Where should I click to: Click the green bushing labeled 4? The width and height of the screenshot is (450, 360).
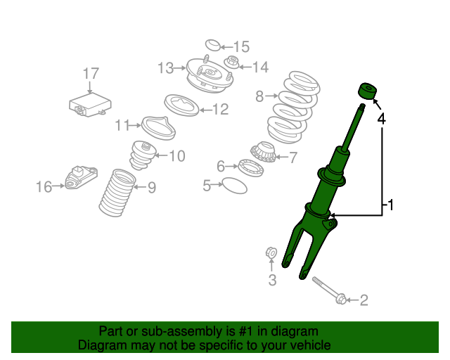[x=367, y=91]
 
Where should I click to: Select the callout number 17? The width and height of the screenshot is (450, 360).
[x=91, y=74]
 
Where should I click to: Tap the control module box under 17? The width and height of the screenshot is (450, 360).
[x=90, y=104]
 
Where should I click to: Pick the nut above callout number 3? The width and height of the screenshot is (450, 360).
[x=271, y=253]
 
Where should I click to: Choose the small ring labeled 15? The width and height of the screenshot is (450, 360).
[x=213, y=45]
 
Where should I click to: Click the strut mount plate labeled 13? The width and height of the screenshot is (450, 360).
[x=210, y=75]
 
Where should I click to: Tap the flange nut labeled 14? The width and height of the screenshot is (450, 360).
[x=232, y=63]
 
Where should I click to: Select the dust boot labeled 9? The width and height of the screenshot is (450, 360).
[x=117, y=193]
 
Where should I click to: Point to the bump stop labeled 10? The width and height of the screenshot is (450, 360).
[x=143, y=155]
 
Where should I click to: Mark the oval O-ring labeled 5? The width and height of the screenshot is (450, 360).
[x=234, y=186]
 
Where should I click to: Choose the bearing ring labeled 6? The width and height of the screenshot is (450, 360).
[x=251, y=168]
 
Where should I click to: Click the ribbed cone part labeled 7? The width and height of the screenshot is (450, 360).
[x=263, y=152]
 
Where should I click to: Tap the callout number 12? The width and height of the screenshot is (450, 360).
[x=220, y=110]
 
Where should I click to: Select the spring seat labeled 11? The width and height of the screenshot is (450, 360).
[x=158, y=128]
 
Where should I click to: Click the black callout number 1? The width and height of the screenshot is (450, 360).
[x=390, y=205]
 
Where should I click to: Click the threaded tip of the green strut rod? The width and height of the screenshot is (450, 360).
[x=362, y=108]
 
